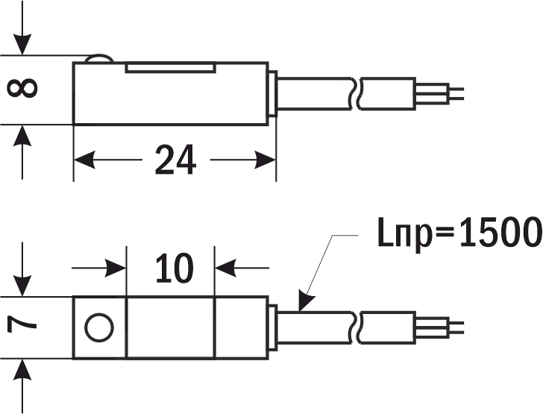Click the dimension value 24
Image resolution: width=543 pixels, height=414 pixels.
[x=175, y=160]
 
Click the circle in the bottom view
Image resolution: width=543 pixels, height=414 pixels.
[x=99, y=327]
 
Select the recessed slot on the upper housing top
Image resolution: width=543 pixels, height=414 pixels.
[x=171, y=68]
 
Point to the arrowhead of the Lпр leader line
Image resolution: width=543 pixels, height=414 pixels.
[x=302, y=302]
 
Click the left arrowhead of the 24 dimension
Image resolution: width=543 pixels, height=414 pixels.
[x=82, y=160]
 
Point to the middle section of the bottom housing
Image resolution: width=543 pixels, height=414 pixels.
[x=171, y=327]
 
